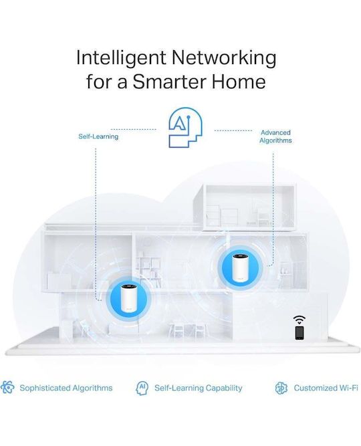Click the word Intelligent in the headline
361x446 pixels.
point(121,58)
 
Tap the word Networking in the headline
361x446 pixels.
point(224,58)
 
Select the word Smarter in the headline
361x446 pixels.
point(169,82)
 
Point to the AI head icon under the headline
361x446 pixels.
point(185,128)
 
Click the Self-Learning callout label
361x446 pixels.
point(98,136)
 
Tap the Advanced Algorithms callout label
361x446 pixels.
point(275,136)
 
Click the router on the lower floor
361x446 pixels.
point(128,298)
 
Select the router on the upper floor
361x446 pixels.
point(240,268)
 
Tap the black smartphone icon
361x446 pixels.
point(299,332)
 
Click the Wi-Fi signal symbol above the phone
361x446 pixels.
point(299,320)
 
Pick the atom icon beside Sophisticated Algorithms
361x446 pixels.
point(7,387)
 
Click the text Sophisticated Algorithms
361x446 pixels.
point(66,388)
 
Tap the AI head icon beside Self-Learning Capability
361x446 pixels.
point(142,388)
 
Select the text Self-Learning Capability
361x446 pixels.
point(199,388)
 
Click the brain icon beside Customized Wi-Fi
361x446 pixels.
point(281,388)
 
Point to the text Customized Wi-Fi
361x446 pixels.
point(326,388)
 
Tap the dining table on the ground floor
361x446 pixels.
point(187,330)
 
